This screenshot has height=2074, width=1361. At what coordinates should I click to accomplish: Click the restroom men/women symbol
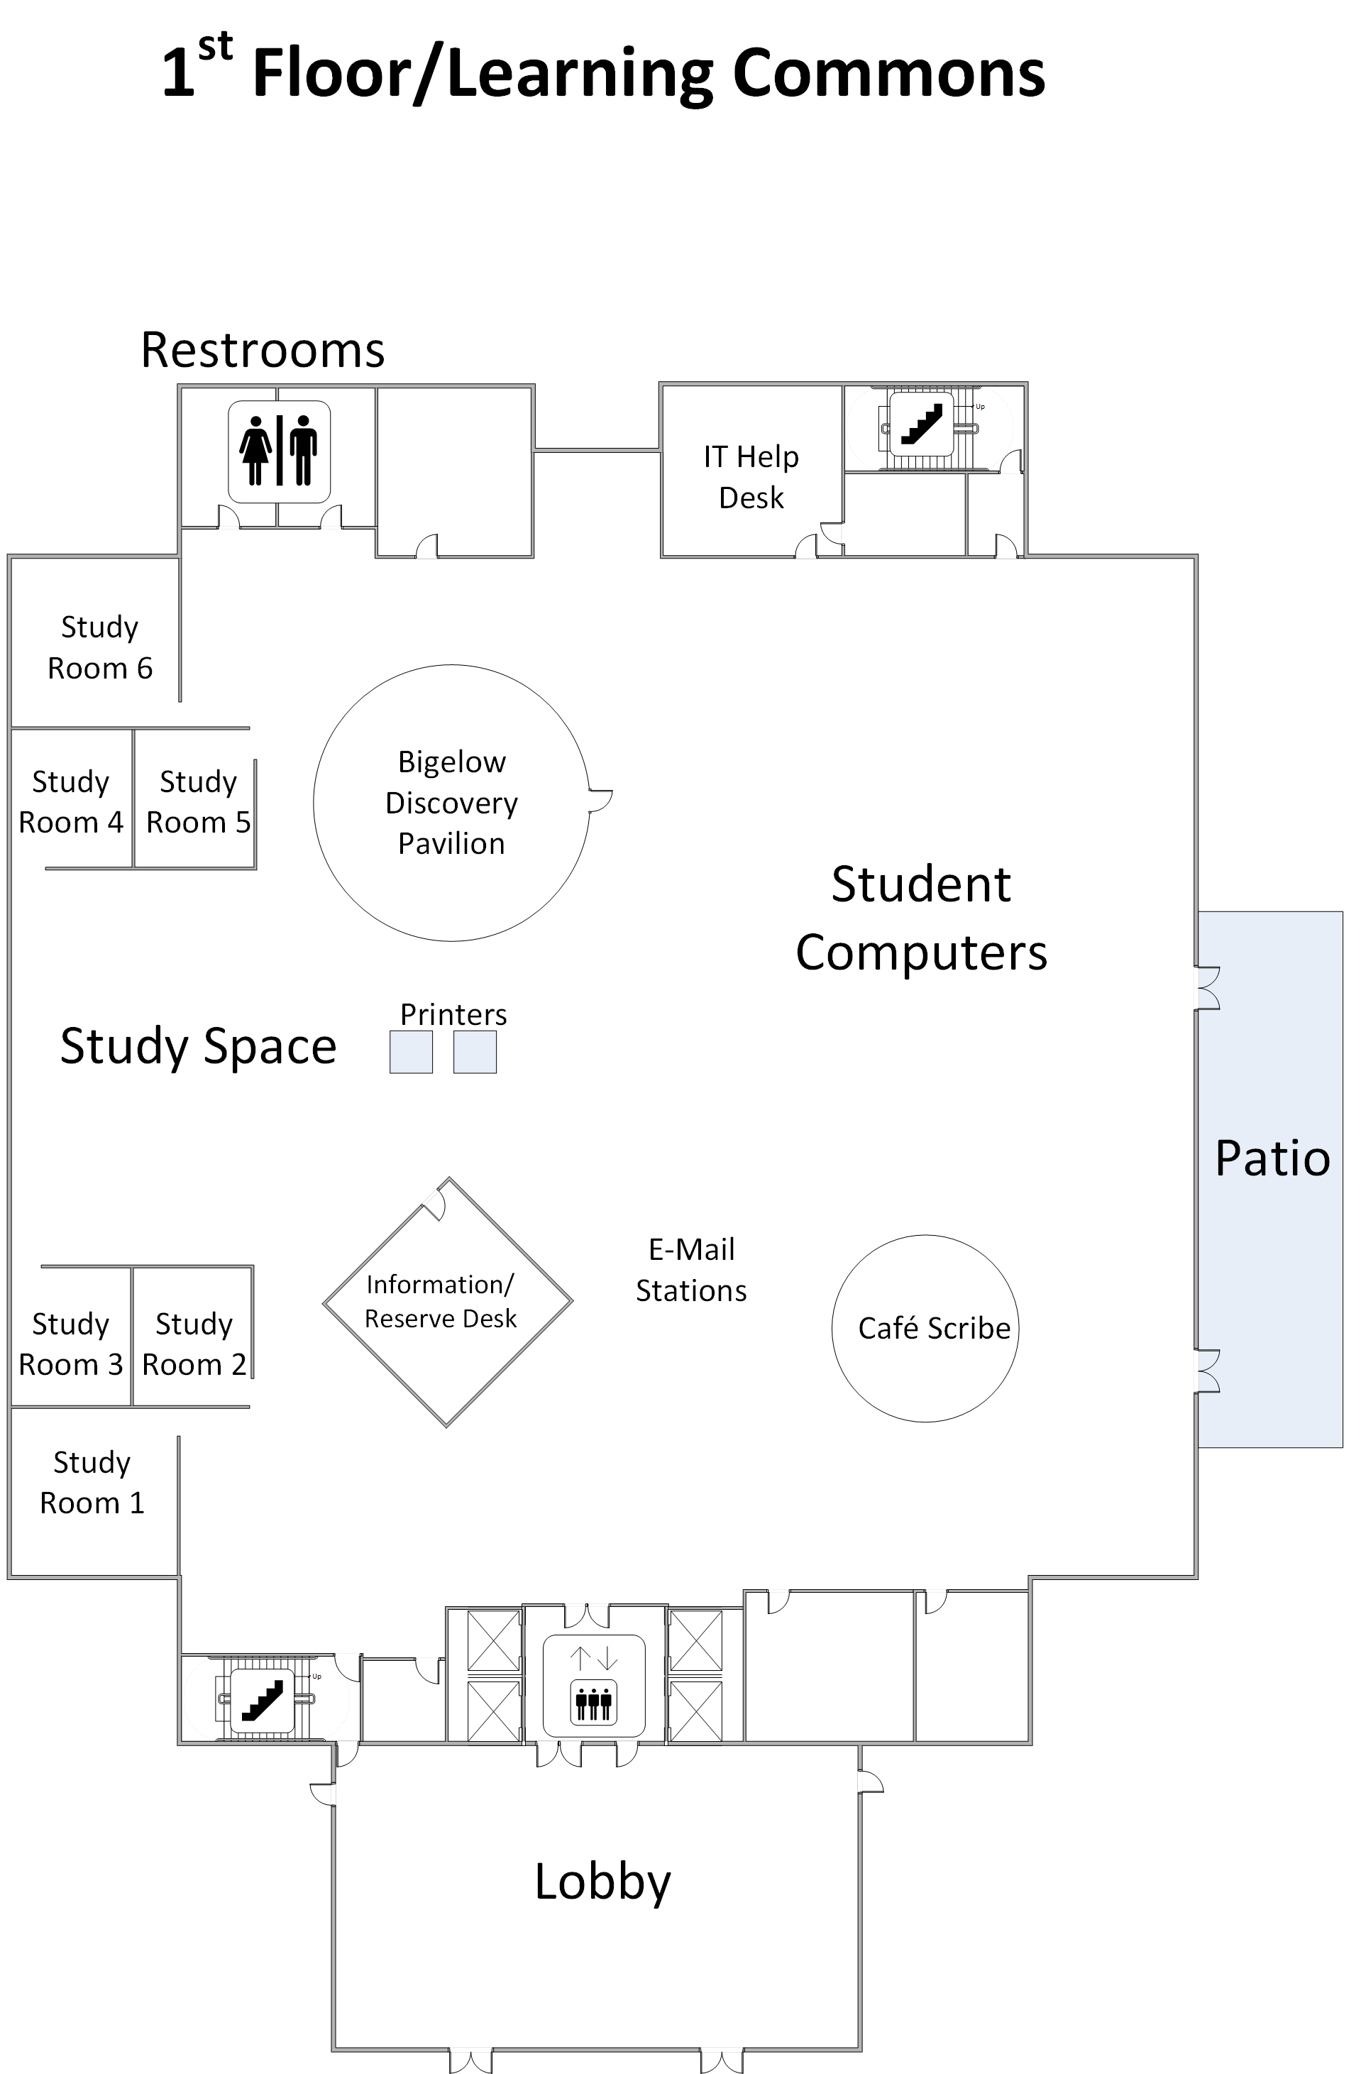[x=279, y=451]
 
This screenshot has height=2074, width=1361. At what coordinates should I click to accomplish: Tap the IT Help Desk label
[x=751, y=477]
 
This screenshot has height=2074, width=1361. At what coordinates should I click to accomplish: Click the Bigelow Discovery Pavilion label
[x=451, y=803]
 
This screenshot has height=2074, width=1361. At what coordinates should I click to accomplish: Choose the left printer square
[x=412, y=1052]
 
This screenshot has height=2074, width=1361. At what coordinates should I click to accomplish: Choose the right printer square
[x=475, y=1052]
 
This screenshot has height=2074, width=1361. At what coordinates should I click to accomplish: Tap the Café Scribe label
[x=933, y=1328]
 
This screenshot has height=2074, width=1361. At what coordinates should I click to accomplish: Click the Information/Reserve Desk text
[x=440, y=1301]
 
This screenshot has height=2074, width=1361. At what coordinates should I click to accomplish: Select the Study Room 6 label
[x=99, y=647]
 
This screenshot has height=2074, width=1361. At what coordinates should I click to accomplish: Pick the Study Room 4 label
[x=70, y=802]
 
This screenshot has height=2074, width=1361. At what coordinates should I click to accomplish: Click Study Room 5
[x=198, y=802]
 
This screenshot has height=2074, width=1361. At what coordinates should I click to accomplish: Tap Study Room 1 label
[x=92, y=1482]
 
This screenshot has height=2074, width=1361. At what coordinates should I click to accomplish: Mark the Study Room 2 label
[x=194, y=1344]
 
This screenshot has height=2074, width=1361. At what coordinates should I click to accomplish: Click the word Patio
[x=1272, y=1159]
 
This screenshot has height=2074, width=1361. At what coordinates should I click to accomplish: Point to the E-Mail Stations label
[x=691, y=1270]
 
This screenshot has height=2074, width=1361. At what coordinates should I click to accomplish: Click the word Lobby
[x=602, y=1882]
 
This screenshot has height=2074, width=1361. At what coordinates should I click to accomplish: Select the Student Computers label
[x=921, y=918]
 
